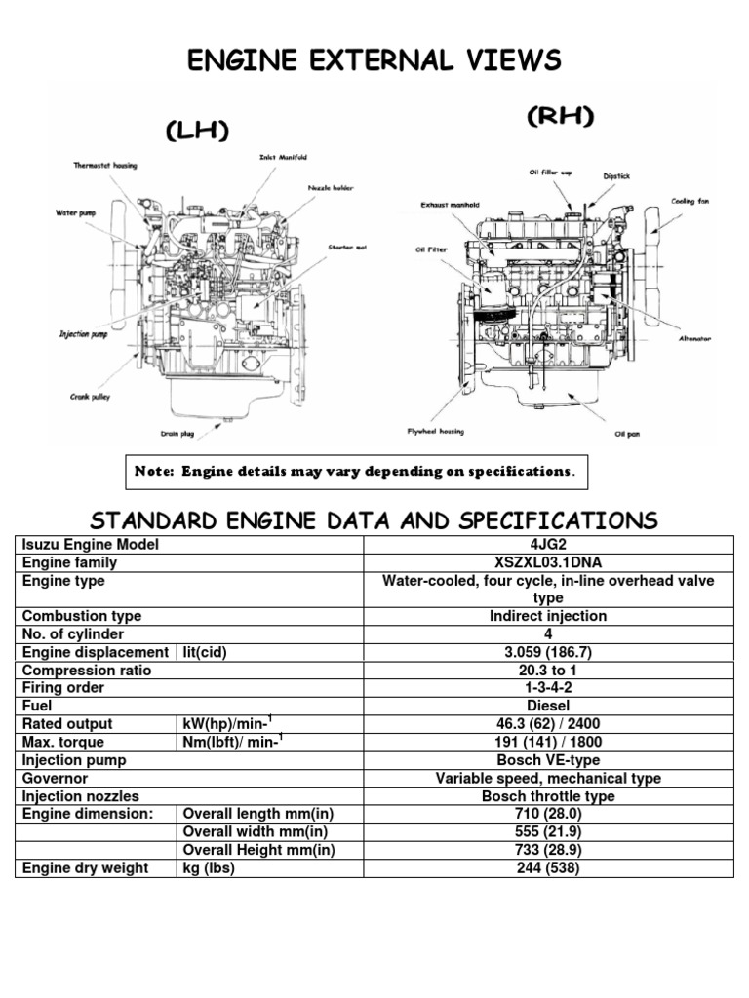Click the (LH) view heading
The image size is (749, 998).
[197, 131]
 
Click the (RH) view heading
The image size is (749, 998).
[561, 116]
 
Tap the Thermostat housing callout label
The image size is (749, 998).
[105, 166]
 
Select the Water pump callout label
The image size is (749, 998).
[76, 213]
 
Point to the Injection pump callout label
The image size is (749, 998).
[84, 335]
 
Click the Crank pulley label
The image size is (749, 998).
[90, 397]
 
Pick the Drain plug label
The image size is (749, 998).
[177, 434]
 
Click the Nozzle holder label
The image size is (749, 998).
[331, 188]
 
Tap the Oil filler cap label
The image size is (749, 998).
[550, 173]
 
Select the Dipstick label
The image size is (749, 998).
[616, 176]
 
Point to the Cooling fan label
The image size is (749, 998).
[690, 201]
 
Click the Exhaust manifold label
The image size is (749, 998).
[450, 205]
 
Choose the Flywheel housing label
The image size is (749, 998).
[436, 432]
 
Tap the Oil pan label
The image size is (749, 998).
[627, 434]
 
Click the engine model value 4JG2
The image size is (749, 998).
[548, 545]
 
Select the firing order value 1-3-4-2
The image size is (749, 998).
[548, 688]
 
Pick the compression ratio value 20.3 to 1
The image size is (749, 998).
[548, 671]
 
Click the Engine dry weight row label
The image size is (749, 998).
[86, 868]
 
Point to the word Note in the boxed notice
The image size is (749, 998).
[153, 472]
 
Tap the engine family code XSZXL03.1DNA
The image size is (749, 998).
[548, 562]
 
